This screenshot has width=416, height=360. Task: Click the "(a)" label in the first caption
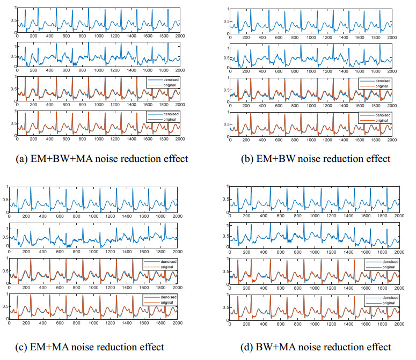[x=24, y=158]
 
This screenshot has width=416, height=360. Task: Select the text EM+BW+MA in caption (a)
[x=56, y=158]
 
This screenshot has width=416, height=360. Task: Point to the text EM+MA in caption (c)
[x=53, y=347]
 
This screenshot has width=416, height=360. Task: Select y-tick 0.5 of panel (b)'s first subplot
[x=227, y=24]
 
